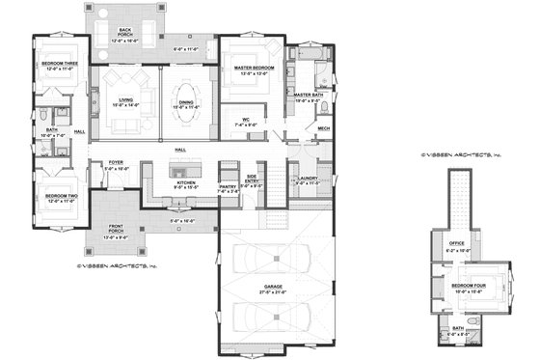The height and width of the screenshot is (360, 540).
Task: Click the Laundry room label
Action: (309, 180)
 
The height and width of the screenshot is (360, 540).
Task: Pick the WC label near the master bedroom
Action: (246, 122)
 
